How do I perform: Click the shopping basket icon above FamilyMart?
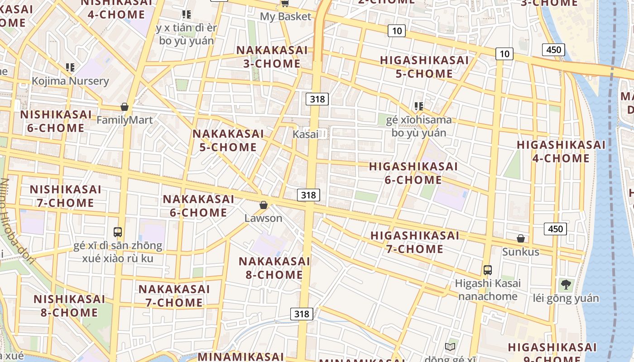(125, 107)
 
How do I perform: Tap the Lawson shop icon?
(264, 205)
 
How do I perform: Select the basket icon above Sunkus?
(521, 238)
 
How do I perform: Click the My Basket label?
(285, 17)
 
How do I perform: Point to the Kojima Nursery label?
(70, 81)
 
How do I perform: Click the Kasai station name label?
(305, 134)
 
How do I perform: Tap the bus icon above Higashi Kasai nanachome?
(488, 270)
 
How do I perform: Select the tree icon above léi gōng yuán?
(566, 285)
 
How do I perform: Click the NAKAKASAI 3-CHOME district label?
(272, 57)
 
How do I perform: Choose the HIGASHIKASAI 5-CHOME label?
(424, 67)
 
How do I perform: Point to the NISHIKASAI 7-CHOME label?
(66, 196)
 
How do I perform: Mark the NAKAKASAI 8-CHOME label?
(274, 268)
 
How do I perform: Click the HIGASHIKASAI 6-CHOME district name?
(413, 173)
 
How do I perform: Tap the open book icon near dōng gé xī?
(450, 347)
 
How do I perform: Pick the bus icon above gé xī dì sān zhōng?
(118, 232)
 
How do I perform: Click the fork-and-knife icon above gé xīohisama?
(419, 106)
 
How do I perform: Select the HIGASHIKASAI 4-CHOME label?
(561, 152)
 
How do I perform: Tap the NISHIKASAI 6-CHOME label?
(56, 121)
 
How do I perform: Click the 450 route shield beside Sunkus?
(555, 229)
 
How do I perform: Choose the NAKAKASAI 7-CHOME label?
(174, 295)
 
